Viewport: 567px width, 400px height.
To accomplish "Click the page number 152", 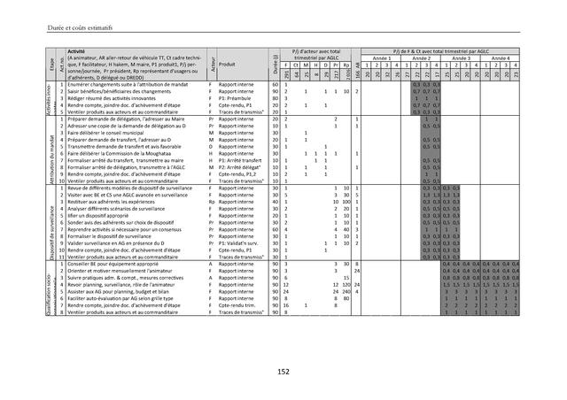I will pos(283,373).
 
